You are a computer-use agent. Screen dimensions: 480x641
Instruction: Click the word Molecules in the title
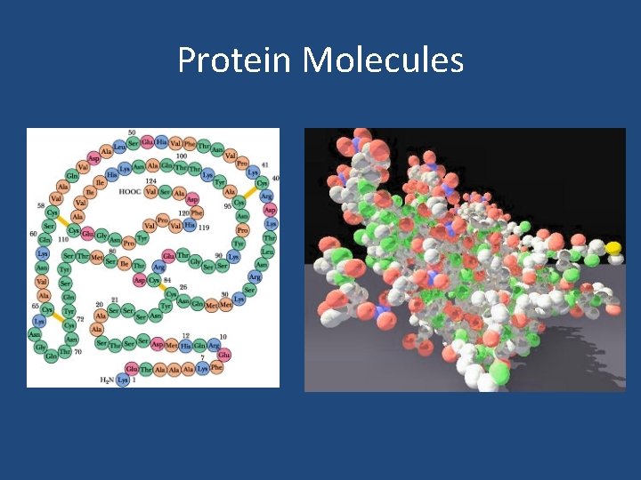[x=383, y=60]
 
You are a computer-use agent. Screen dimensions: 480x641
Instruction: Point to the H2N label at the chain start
[x=107, y=380]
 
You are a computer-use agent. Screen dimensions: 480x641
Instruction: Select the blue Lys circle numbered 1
[x=123, y=380]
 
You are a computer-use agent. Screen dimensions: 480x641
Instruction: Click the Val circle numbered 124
[x=150, y=191]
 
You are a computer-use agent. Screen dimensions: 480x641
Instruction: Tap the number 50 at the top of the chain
[x=132, y=133]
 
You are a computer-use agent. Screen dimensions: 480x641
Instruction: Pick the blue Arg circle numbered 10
[x=215, y=345]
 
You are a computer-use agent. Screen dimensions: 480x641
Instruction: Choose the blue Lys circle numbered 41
[x=254, y=172]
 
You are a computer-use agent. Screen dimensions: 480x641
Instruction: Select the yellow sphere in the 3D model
[x=613, y=246]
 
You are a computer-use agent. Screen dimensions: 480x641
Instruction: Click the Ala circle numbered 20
[x=101, y=314]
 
